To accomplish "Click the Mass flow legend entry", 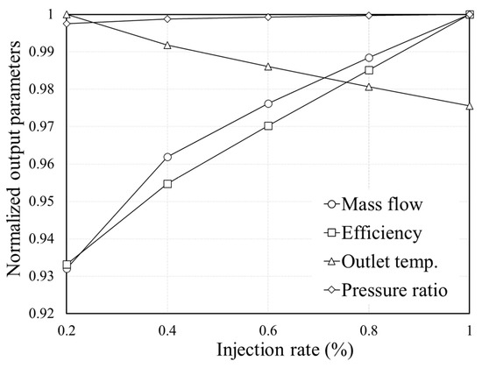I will [x=386, y=205].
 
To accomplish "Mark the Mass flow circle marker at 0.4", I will [x=167, y=157].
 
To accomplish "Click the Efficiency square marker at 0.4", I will [x=167, y=184].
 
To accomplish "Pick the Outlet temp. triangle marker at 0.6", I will [x=268, y=67].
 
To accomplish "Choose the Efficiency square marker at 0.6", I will [x=268, y=125].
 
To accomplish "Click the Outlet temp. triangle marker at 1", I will [x=470, y=106].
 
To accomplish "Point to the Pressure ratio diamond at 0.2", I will [x=67, y=24].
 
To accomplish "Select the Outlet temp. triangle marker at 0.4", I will [x=167, y=45].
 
